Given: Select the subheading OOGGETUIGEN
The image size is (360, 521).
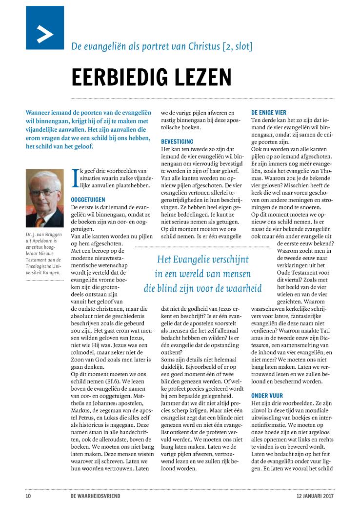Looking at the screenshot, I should tap(88, 200).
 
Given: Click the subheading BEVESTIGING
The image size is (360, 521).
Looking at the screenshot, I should tap(177, 141).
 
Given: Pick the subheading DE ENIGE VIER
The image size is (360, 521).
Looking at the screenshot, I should tap(269, 112).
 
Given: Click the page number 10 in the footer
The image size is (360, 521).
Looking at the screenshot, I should tap(28, 496).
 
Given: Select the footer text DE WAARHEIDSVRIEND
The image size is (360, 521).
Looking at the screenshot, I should tap(95, 496).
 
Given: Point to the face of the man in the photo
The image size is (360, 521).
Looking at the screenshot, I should tap(43, 193).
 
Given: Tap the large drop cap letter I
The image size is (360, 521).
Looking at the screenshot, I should tap(74, 178).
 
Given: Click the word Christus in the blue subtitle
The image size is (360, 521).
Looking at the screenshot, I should tap(200, 47).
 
